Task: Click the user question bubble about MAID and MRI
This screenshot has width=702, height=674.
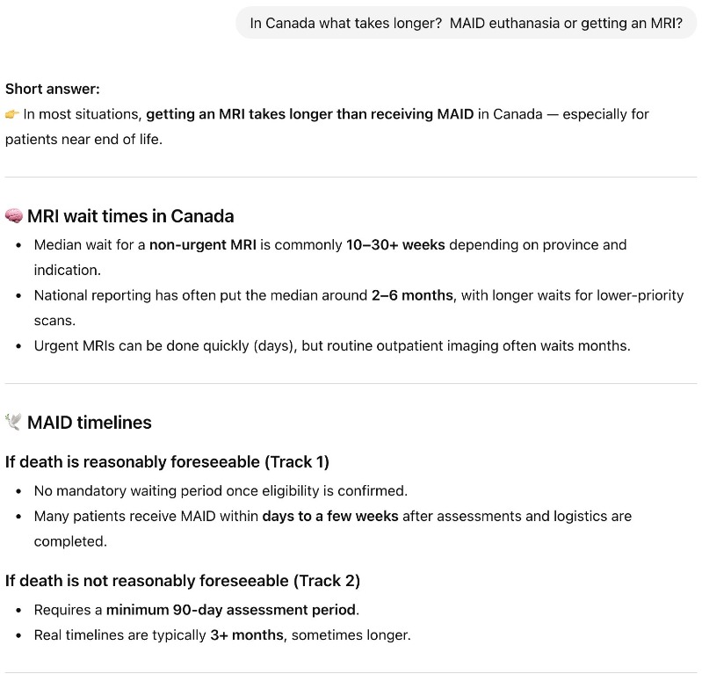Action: [466, 23]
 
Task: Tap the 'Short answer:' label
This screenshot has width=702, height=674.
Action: [53, 89]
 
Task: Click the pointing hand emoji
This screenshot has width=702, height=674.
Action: [12, 114]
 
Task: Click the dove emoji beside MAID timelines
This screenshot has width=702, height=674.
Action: [13, 423]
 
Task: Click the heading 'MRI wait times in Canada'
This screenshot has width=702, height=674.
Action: [130, 216]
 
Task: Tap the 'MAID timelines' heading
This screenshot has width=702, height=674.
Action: [89, 423]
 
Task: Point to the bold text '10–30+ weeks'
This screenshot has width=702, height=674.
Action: [395, 244]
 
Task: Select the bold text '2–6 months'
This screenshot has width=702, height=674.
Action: [412, 295]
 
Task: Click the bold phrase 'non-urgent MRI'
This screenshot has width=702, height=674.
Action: [202, 244]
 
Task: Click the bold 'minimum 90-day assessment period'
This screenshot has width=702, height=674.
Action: [231, 609]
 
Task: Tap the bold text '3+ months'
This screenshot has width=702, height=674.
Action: [247, 634]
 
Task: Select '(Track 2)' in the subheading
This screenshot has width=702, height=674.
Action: [326, 581]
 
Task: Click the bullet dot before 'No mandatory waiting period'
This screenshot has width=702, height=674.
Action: [18, 490]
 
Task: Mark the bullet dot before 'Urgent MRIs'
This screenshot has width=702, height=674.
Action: [18, 345]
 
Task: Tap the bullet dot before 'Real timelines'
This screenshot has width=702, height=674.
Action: [18, 634]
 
